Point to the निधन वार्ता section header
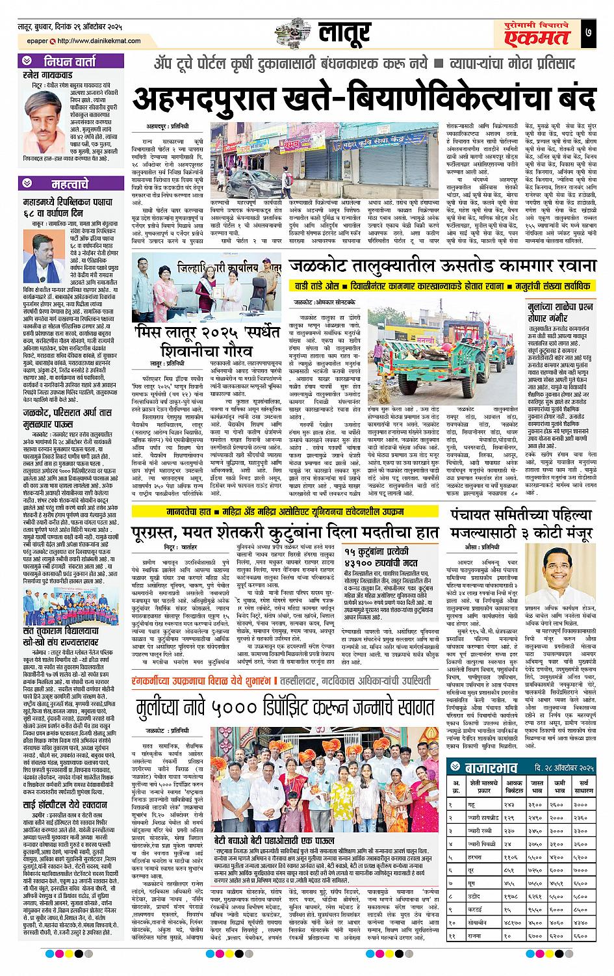coord(70,63)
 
